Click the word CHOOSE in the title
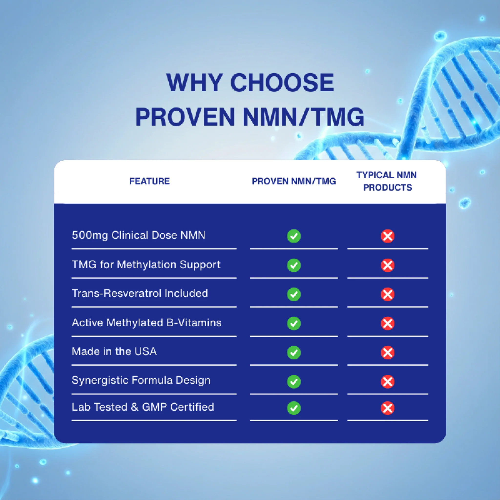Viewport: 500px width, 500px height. [282, 83]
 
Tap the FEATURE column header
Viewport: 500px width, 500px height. [150, 181]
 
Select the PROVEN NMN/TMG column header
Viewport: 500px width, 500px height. [294, 181]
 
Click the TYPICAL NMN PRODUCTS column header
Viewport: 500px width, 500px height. [387, 181]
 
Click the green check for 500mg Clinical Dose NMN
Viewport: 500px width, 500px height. [294, 236]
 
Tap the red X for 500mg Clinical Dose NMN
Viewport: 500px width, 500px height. [387, 236]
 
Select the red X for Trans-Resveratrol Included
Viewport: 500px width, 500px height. [387, 294]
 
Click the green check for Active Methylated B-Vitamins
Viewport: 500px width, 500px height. [294, 323]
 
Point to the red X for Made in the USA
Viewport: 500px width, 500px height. [387, 353]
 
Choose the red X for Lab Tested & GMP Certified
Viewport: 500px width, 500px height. [387, 408]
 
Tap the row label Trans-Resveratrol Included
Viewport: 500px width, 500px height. [140, 293]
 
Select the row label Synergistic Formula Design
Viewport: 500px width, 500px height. [141, 380]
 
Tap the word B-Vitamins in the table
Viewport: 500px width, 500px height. [194, 323]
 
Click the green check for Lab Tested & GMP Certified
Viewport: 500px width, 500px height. [294, 408]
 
